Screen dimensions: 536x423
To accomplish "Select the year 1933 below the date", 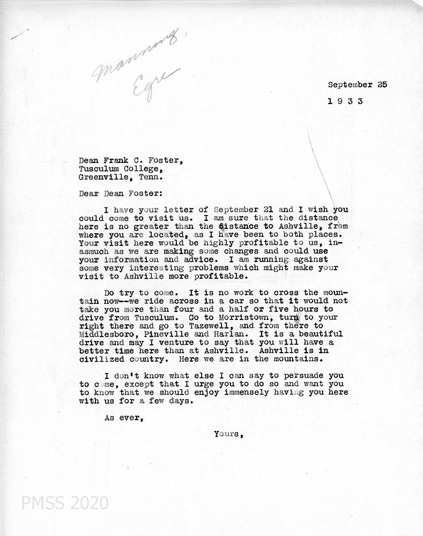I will [x=345, y=101].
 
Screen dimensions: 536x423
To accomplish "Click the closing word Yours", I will [x=228, y=435].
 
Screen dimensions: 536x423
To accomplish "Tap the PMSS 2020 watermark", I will [x=64, y=503].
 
